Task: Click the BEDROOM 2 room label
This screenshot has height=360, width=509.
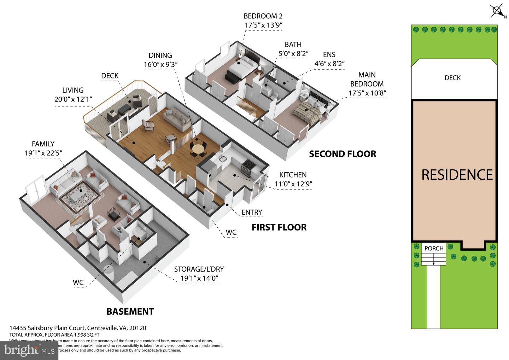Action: [x=263, y=16]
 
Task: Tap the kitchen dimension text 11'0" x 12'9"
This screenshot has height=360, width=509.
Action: [x=293, y=184]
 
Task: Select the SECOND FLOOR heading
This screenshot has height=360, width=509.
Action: [x=342, y=154]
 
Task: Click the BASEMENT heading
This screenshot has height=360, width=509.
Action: [x=130, y=312]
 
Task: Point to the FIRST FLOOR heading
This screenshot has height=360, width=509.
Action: [x=279, y=227]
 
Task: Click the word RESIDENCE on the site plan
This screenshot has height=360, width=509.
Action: [x=457, y=175]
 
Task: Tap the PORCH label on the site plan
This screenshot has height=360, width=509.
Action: [x=434, y=248]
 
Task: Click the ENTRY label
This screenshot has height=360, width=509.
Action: [x=252, y=212]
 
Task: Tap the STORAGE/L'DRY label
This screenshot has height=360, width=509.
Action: [x=199, y=269]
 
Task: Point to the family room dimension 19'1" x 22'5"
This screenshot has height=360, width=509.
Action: [x=43, y=153]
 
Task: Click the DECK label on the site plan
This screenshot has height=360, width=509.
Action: [x=452, y=78]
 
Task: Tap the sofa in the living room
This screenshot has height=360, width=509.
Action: [x=179, y=120]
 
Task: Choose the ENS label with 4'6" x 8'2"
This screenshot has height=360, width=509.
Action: [x=329, y=54]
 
